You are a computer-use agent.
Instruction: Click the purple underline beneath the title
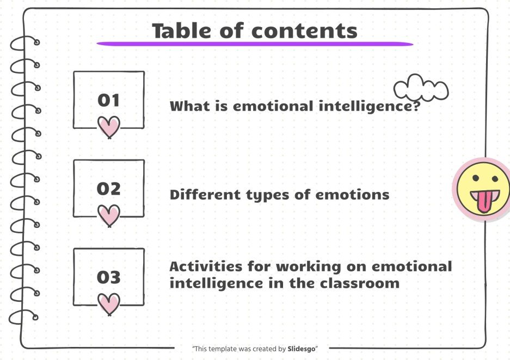tap(255, 44)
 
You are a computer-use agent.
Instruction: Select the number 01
tap(108, 100)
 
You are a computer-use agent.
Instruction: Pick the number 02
tap(108, 189)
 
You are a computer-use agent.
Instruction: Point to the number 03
tap(108, 277)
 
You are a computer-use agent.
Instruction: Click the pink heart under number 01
tap(109, 127)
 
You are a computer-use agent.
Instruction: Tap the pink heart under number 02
tap(109, 215)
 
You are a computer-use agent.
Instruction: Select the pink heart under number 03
tap(109, 303)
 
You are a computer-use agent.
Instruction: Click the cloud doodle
tap(421, 89)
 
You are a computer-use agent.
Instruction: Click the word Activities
tap(204, 266)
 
